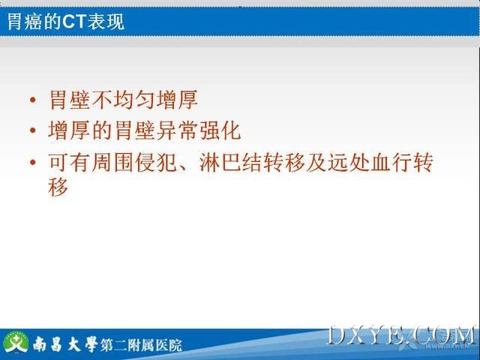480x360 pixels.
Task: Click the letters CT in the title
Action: pyautogui.click(x=74, y=22)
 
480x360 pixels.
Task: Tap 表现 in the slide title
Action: pyautogui.click(x=106, y=22)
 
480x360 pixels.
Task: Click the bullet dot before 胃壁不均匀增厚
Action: pyautogui.click(x=33, y=100)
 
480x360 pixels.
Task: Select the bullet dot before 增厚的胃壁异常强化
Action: pyautogui.click(x=33, y=130)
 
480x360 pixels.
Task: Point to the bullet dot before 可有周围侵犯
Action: pyautogui.click(x=33, y=162)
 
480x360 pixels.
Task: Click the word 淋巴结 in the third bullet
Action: pyautogui.click(x=231, y=162)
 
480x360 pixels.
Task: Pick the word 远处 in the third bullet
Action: pyautogui.click(x=349, y=162)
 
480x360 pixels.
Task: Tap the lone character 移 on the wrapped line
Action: pyautogui.click(x=58, y=187)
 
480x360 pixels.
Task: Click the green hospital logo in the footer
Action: pyautogui.click(x=16, y=343)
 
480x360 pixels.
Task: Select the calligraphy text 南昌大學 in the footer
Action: pyautogui.click(x=65, y=344)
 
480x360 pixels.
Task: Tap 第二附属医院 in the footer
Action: pyautogui.click(x=141, y=345)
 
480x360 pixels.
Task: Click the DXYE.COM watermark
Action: pyautogui.click(x=401, y=336)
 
